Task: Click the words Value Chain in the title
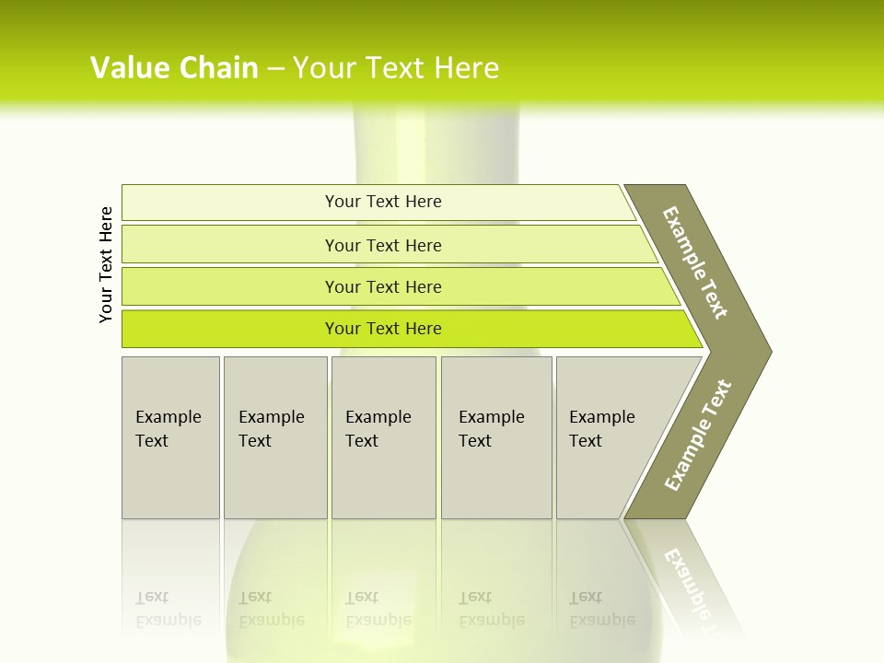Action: pos(174,68)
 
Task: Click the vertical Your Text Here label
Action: pos(106,264)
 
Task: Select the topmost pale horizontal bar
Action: pos(230,203)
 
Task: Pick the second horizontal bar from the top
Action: pos(230,245)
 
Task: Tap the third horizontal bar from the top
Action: pos(230,286)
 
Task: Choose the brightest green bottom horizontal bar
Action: pos(230,329)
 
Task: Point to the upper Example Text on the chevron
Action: pos(695,262)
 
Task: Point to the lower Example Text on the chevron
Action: pos(698,435)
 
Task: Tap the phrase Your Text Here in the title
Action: pos(396,68)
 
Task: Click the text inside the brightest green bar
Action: pos(383,329)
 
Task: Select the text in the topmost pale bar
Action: pos(383,202)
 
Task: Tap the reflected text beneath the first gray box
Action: pos(168,609)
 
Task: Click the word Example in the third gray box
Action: pos(378,417)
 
